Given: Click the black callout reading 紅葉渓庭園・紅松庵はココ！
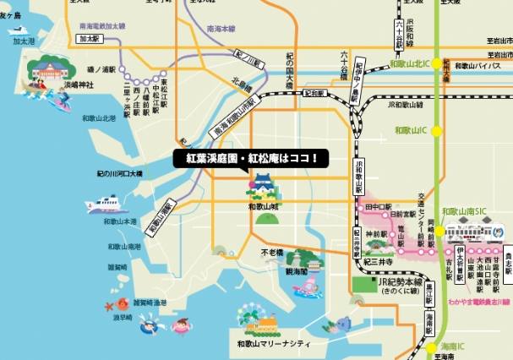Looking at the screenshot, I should point(250,158).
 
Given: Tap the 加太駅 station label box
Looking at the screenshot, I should point(87,39).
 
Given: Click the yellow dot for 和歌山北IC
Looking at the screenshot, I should point(437,63).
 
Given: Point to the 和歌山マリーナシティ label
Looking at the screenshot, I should point(273,345).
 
